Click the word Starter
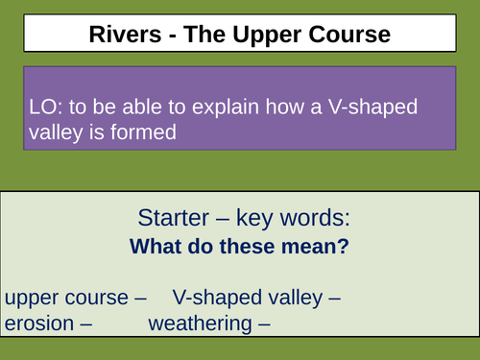pyautogui.click(x=170, y=216)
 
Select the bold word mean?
pyautogui.click(x=317, y=247)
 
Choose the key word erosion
pyautogui.click(x=39, y=324)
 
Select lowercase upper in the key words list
pyautogui.click(x=32, y=299)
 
